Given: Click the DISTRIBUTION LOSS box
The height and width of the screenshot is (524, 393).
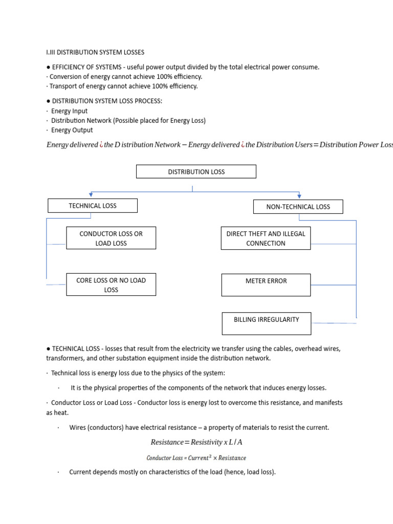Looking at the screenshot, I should (196, 171).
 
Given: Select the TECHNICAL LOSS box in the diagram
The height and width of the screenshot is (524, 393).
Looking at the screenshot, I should (93, 206).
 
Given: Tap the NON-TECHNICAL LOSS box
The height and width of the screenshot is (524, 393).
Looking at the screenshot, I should (298, 207).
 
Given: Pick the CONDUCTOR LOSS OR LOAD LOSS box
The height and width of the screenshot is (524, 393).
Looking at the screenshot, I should (111, 238).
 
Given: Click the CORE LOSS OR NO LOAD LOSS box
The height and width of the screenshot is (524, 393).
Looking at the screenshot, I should (111, 285).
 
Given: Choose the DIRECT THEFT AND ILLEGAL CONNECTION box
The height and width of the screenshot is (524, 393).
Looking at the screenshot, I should (266, 238).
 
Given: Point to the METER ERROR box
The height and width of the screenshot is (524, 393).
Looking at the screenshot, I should (266, 281).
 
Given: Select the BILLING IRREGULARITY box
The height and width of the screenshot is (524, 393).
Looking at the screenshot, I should (266, 323).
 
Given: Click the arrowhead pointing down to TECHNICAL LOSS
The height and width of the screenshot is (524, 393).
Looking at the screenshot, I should (91, 195).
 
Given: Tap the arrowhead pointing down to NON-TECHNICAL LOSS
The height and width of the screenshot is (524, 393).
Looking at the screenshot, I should (299, 195).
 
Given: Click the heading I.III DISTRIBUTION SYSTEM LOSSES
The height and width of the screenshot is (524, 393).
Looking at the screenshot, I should (95, 52).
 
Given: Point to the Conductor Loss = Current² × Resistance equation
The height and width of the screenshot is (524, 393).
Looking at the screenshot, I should (196, 458).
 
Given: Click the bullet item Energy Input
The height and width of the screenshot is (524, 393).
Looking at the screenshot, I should (69, 111).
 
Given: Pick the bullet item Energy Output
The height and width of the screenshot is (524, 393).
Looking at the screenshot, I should (72, 130).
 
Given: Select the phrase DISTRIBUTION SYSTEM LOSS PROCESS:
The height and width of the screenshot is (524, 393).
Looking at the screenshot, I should (107, 101).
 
